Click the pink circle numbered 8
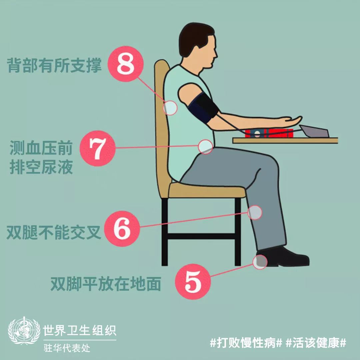(126, 64)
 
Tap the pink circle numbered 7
(98, 148)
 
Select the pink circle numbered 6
(122, 229)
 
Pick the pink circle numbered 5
(193, 281)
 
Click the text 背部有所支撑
(54, 65)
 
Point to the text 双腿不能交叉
(54, 232)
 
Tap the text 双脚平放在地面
(106, 284)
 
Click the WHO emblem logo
(24, 331)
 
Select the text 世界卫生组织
(80, 330)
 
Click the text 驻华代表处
(67, 348)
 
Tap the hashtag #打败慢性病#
(246, 343)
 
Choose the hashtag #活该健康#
(316, 343)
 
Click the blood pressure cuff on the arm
(203, 107)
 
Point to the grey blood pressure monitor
(314, 131)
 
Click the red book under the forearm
(269, 133)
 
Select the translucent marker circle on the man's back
(170, 108)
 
